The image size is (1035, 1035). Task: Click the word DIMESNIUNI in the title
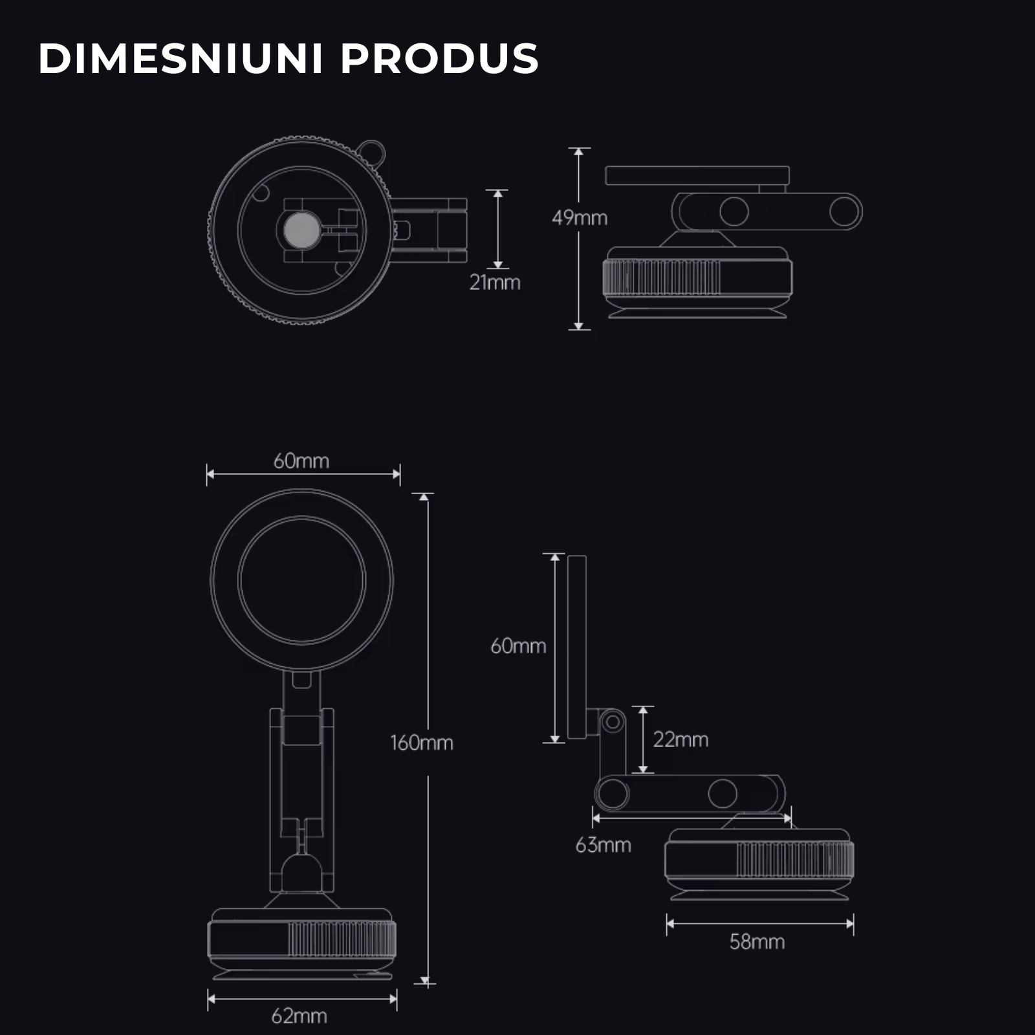[180, 59]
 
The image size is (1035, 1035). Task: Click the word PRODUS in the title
[439, 59]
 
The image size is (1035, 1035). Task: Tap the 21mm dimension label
[495, 283]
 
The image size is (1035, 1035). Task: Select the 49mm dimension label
[580, 218]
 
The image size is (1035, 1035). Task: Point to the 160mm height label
[422, 743]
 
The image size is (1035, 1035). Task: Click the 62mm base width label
[299, 1016]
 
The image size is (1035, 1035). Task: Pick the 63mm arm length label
[603, 845]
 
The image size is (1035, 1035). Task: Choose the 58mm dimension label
[757, 942]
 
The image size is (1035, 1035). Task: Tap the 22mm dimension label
[681, 739]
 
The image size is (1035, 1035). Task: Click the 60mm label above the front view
[301, 461]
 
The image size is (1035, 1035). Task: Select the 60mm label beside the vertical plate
[518, 646]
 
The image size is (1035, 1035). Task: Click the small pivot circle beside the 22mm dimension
[612, 721]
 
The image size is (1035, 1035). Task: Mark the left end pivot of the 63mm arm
[611, 793]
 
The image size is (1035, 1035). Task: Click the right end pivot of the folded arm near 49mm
[845, 212]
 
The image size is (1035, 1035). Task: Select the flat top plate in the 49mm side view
[697, 175]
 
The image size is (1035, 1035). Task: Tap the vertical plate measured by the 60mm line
[577, 647]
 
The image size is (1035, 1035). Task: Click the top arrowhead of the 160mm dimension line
[424, 497]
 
